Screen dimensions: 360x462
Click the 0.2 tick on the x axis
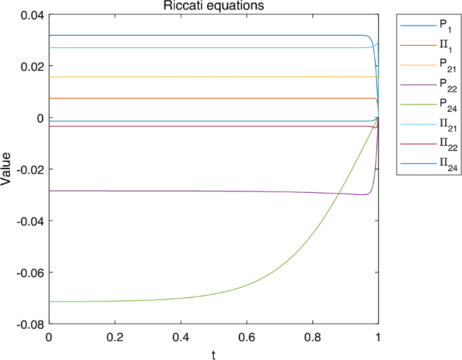(x=114, y=336)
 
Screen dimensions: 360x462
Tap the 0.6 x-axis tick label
(x=246, y=336)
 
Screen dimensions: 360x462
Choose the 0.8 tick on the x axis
(x=312, y=336)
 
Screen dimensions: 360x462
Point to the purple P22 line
(x=202, y=191)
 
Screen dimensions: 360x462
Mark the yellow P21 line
(x=202, y=77)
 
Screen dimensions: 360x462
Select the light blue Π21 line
(x=202, y=47)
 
